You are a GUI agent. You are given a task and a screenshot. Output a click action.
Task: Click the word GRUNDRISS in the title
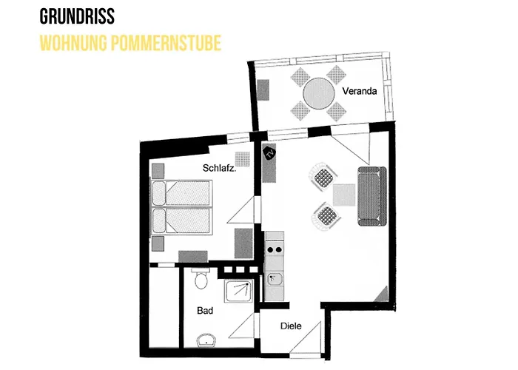[x=77, y=16]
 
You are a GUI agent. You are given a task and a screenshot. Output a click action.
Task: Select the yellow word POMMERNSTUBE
[x=166, y=43]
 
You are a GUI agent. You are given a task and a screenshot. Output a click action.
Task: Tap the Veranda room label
[x=360, y=91]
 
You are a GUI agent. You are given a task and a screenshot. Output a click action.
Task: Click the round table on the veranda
[x=319, y=93]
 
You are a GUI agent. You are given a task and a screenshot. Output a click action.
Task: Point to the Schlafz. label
[x=219, y=168]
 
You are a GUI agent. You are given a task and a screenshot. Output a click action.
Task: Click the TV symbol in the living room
[x=269, y=153]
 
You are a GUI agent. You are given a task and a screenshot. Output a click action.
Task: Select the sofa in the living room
[x=372, y=196]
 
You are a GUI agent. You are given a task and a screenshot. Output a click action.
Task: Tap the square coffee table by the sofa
[x=344, y=195]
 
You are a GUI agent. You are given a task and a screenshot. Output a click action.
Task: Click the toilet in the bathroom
[x=201, y=278]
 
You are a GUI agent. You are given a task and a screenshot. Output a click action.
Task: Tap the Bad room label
[x=205, y=311]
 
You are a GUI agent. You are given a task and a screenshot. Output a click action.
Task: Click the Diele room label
[x=291, y=326]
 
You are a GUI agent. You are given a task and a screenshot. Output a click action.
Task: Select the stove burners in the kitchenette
[x=275, y=250]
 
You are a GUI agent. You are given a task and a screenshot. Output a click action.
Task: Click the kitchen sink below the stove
[x=275, y=280]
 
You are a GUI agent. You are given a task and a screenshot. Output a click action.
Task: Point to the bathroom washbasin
[x=206, y=340]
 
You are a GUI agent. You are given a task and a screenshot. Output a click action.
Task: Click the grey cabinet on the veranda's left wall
[x=263, y=90]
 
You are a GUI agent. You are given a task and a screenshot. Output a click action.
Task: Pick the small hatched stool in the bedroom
[x=243, y=159]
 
